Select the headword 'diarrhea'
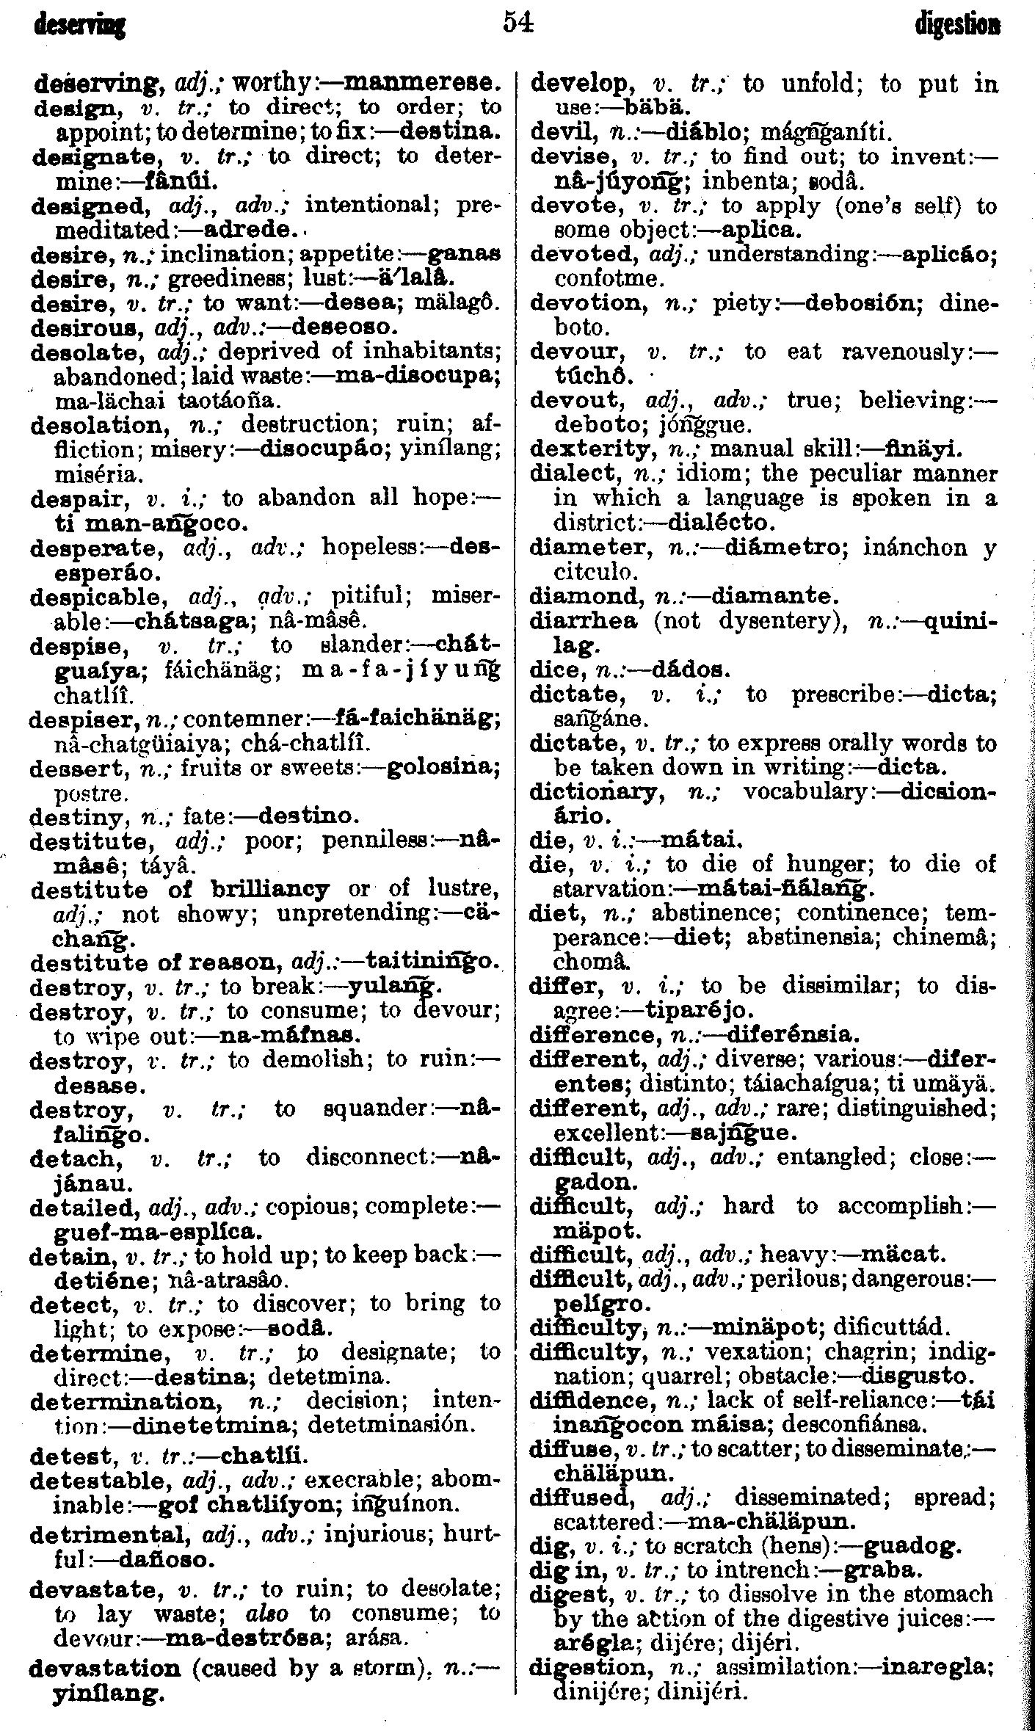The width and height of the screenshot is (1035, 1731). pos(584,621)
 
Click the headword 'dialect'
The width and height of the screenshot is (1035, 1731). pos(571,473)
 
